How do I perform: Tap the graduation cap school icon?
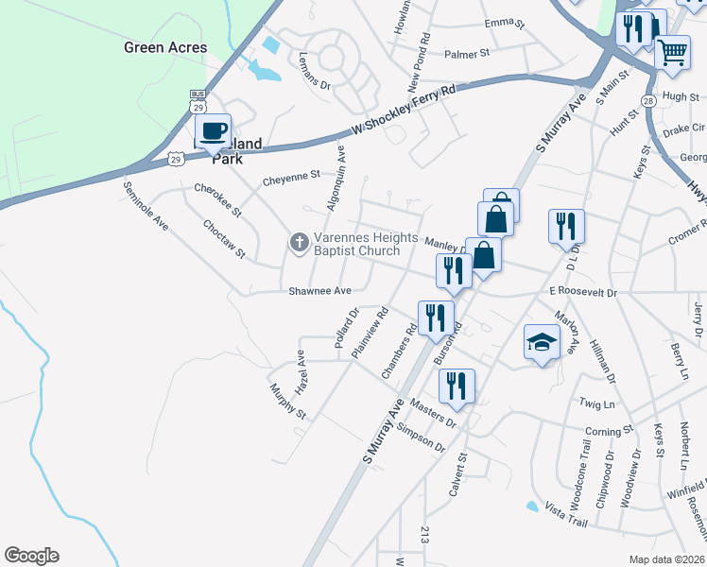543,343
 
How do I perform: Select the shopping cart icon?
672,53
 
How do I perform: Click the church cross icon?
299,244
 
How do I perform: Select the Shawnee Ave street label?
321,291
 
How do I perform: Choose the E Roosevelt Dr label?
582,293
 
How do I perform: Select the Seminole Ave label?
146,207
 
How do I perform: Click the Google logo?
31,556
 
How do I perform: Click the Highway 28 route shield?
648,100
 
